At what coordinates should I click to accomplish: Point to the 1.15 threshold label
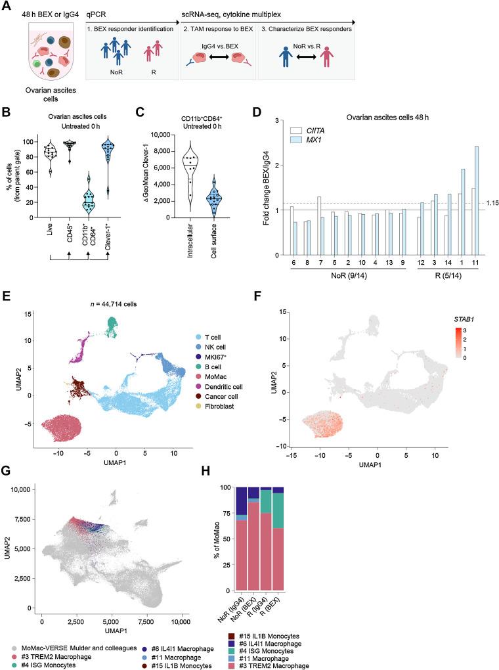pos(488,204)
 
